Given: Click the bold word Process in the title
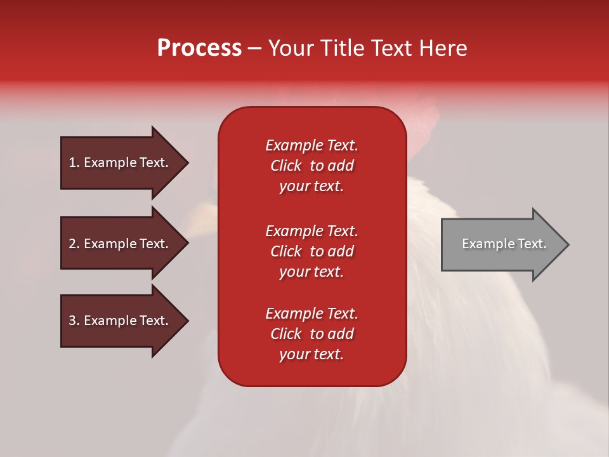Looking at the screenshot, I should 199,48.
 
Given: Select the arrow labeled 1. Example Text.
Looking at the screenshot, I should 119,162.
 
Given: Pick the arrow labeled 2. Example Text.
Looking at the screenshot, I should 119,244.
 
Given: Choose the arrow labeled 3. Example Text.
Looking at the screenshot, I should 119,321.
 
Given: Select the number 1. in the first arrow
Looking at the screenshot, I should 74,162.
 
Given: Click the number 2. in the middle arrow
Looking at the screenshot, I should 74,244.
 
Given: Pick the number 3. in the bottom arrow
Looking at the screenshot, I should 74,321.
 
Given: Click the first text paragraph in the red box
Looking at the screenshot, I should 311,166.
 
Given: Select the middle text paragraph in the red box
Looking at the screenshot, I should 311,251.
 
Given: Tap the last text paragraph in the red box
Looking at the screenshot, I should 311,334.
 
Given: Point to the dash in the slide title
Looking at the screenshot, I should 254,48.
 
